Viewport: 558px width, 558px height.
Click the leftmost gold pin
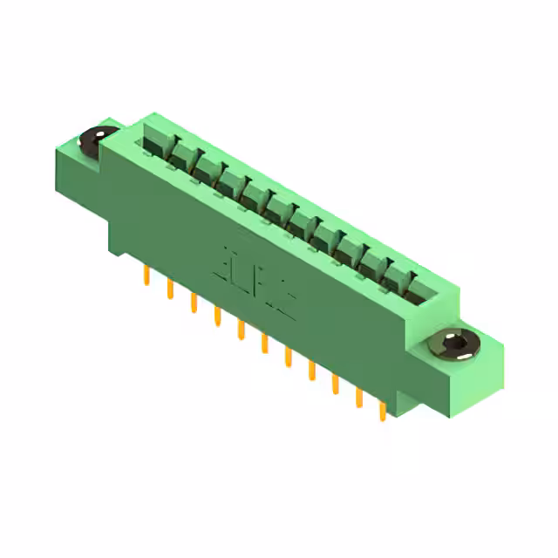tap(146, 277)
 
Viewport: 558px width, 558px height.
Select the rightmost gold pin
tap(381, 410)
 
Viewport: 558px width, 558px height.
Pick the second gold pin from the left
tap(169, 290)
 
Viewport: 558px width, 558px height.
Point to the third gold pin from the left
tap(193, 303)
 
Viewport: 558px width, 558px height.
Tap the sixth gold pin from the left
tap(263, 344)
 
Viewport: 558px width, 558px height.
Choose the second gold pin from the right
tap(357, 397)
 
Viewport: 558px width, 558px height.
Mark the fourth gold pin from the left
tap(216, 316)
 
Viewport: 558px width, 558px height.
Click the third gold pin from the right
tap(334, 384)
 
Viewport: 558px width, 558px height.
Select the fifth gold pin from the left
tap(240, 330)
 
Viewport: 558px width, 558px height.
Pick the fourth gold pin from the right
tap(310, 371)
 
